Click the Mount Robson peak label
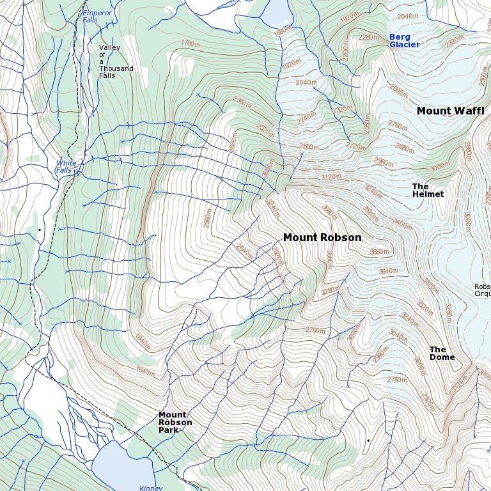pyautogui.click(x=322, y=238)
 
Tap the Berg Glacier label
pyautogui.click(x=404, y=41)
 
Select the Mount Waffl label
pyautogui.click(x=450, y=111)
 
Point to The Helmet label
pyautogui.click(x=428, y=191)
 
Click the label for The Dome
pyautogui.click(x=442, y=354)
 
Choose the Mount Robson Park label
pyautogui.click(x=175, y=423)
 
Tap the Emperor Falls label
pyautogui.click(x=97, y=16)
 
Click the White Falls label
pyautogui.click(x=65, y=167)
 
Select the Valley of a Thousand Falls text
pyautogui.click(x=116, y=61)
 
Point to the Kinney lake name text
pyautogui.click(x=151, y=488)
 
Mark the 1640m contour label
pyautogui.click(x=145, y=371)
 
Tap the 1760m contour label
pyautogui.click(x=191, y=44)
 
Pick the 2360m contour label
pyautogui.click(x=242, y=102)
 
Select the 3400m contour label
pyautogui.click(x=403, y=224)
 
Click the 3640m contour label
pyautogui.click(x=389, y=271)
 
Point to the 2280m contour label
pyautogui.click(x=368, y=38)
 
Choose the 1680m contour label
pyautogui.click(x=282, y=31)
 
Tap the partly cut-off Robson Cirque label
pyautogui.click(x=482, y=290)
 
